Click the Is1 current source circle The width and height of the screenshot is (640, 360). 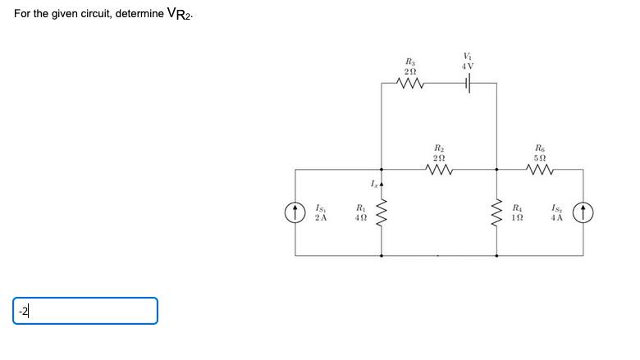295,213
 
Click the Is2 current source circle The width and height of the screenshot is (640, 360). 583,213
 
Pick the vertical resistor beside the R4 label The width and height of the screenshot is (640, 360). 496,213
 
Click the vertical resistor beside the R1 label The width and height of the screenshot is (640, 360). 382,213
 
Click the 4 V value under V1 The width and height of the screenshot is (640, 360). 468,66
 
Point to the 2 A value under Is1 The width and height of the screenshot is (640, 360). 321,218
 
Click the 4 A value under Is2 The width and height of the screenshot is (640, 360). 558,218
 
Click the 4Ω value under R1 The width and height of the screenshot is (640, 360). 359,218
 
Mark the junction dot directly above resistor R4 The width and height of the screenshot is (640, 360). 496,170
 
